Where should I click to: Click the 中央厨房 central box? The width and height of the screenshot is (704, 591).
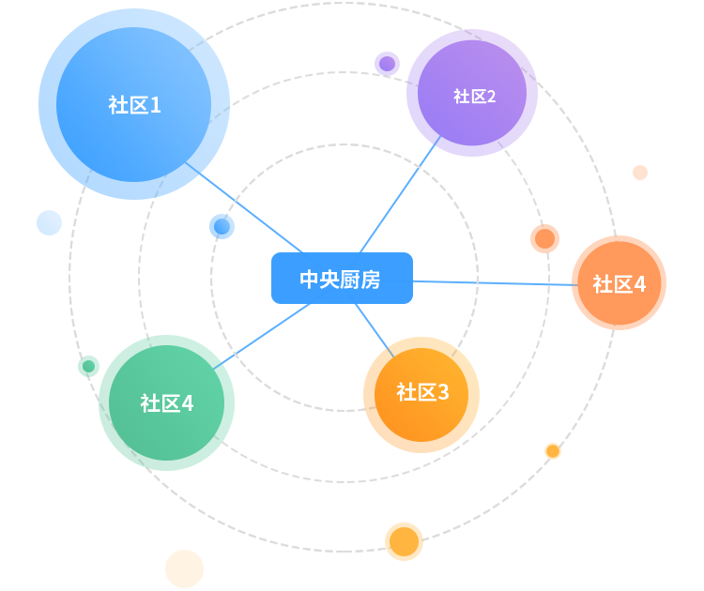coord(342,279)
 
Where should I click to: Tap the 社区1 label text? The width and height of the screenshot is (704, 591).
coord(134,104)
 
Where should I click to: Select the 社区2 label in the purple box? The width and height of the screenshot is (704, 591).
coord(474,96)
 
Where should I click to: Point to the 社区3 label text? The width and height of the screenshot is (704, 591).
coord(422,392)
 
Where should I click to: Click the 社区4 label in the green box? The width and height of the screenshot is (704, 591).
coord(166,403)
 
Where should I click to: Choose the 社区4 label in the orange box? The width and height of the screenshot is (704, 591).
coord(619,283)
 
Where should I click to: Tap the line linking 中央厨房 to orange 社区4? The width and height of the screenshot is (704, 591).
coord(493,282)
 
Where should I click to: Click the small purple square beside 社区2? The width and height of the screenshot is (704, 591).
coord(387,64)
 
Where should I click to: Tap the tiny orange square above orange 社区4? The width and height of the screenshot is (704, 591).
coord(640,173)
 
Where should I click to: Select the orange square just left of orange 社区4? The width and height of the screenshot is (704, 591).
coord(544,238)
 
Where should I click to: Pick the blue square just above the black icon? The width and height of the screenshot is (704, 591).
coord(222,226)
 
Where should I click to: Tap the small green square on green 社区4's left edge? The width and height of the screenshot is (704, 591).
coord(88,366)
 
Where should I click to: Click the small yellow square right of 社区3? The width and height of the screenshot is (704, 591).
coord(553,451)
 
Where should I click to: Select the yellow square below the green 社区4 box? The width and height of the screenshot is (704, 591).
coord(184,568)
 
